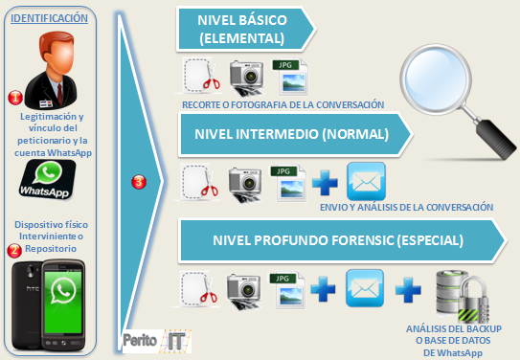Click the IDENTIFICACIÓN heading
53,17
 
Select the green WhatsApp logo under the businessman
53,176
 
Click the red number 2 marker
14,252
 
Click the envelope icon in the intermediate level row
366,181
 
